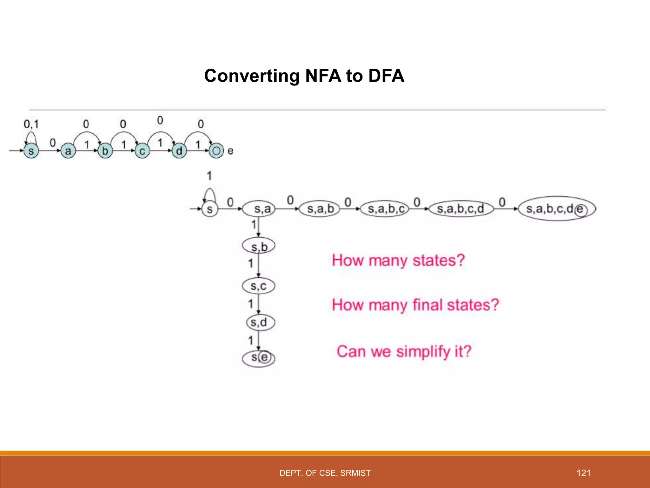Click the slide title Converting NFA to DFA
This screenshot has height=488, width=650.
point(304,76)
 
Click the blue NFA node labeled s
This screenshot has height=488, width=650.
point(31,151)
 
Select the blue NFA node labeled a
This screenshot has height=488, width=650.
point(68,151)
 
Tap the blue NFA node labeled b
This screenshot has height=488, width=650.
point(105,151)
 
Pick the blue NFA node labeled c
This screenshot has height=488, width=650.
point(142,151)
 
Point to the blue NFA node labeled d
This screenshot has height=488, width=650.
point(179,151)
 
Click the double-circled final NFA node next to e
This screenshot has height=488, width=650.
point(216,151)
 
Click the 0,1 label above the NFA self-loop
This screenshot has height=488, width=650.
point(31,124)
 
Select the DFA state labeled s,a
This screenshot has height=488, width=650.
point(259,209)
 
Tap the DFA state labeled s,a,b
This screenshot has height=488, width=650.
point(320,209)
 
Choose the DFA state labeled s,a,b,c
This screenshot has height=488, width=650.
point(385,209)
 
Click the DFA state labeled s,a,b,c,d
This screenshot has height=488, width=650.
point(461,209)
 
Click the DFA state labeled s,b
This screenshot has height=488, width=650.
point(259,246)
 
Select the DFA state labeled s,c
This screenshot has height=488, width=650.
point(258,286)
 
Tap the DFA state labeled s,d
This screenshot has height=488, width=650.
point(260,323)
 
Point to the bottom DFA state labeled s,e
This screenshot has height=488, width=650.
point(259,358)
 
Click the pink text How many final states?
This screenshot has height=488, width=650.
point(415,305)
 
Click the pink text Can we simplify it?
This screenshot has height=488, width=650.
point(404,352)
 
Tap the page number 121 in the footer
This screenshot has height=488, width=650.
point(583,473)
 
